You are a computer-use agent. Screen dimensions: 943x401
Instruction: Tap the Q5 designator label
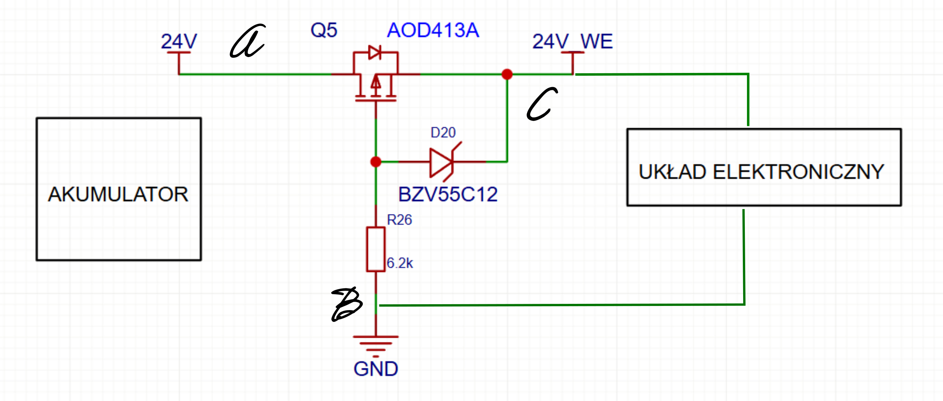[324, 30]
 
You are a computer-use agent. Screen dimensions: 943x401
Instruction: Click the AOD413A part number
[433, 30]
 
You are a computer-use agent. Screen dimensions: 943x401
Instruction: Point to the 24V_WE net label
[573, 41]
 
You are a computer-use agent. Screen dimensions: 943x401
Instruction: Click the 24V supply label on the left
[179, 41]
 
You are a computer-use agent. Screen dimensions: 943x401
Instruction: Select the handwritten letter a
[248, 41]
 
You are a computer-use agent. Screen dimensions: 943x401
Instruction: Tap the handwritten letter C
[542, 104]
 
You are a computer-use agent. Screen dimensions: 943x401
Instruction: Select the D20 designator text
[443, 132]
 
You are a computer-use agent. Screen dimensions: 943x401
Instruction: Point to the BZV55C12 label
[448, 194]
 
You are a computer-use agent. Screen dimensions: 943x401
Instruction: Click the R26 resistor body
[376, 250]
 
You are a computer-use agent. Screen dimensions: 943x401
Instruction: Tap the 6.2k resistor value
[400, 263]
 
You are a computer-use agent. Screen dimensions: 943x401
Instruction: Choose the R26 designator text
[399, 220]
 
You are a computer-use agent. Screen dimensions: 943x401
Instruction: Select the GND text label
[376, 369]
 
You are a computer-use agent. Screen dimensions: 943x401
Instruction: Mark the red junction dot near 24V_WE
[507, 74]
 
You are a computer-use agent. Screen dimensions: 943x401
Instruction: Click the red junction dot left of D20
[376, 162]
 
